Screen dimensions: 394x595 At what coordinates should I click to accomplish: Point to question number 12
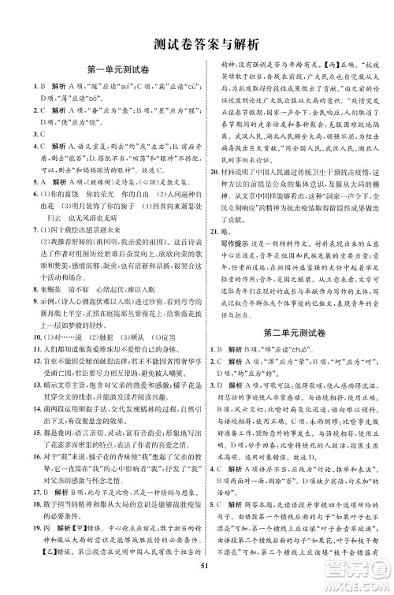[x=19, y=360]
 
